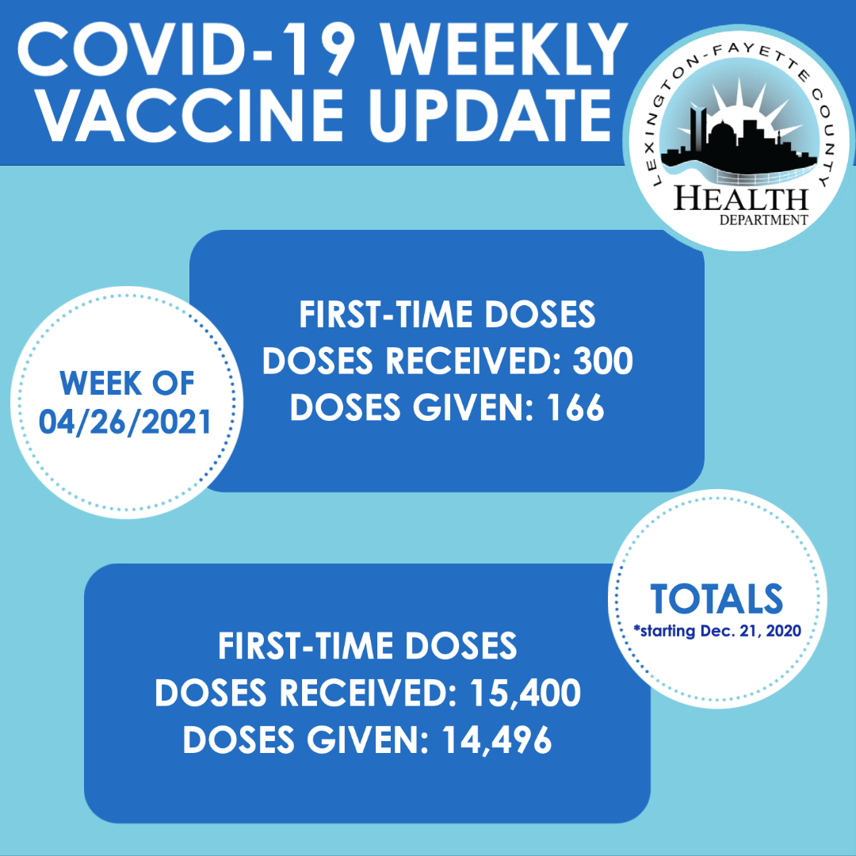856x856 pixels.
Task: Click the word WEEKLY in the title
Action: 504,50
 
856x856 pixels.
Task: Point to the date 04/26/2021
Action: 125,422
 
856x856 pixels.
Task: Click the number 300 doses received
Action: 602,361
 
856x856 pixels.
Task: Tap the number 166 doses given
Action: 576,407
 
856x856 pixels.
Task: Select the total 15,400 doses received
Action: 525,694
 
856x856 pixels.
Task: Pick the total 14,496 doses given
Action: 497,740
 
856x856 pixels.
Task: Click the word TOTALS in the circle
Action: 717,599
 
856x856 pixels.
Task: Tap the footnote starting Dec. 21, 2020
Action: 717,631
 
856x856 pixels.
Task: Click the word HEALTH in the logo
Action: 741,199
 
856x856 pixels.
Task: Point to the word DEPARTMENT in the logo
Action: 763,220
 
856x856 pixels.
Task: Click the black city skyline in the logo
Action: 737,145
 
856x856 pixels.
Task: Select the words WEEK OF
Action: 127,384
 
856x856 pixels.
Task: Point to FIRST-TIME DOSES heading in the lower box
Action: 368,647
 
